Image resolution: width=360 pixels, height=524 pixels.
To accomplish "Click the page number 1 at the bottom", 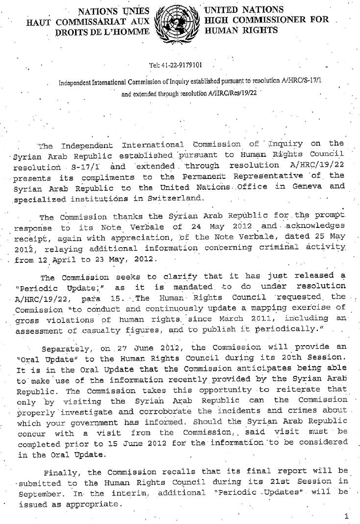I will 346,516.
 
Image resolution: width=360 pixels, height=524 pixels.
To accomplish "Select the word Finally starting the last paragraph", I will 61,473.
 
